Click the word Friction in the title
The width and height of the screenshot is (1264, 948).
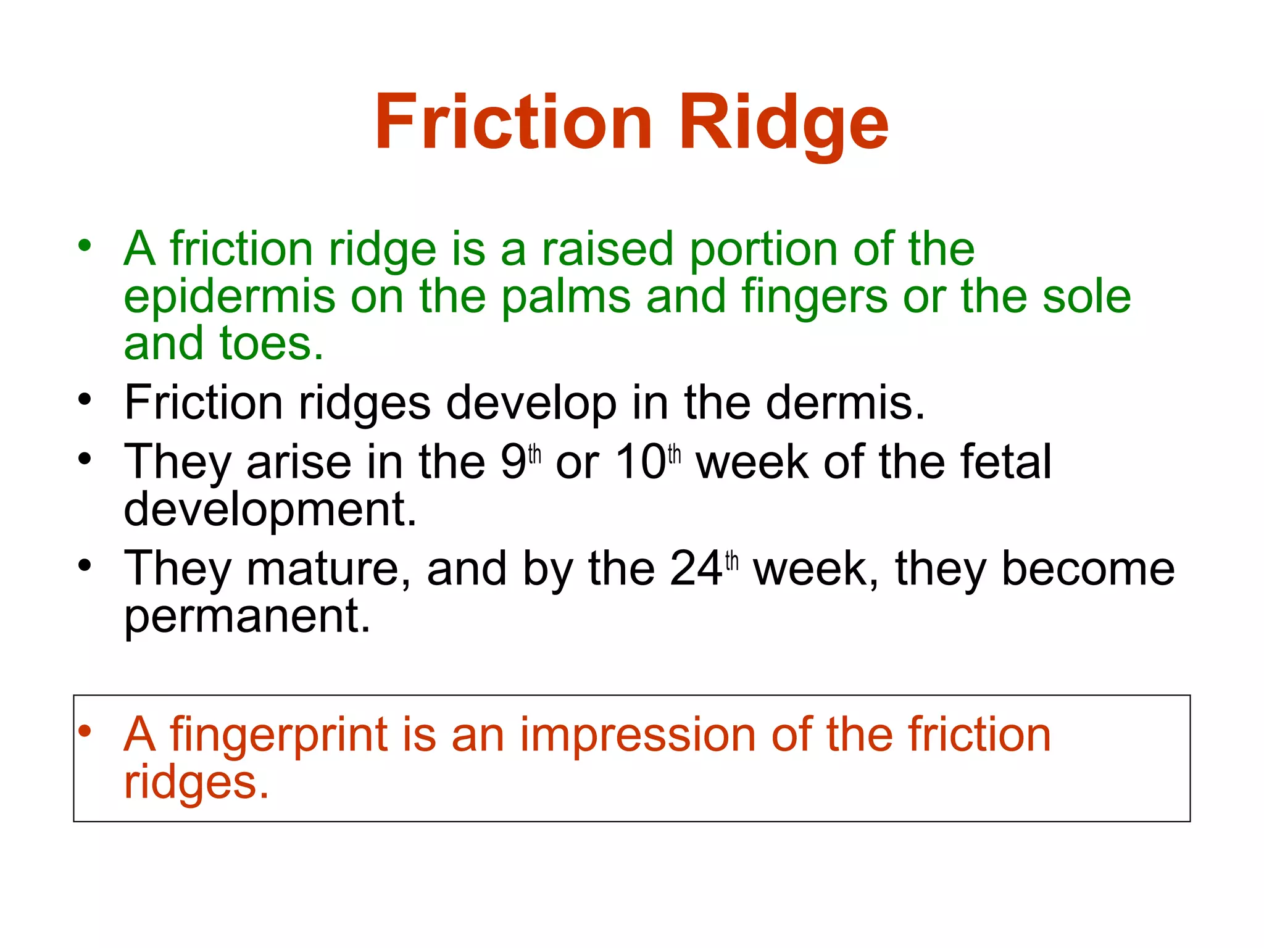[x=513, y=122]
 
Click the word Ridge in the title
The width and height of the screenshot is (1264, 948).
[x=784, y=122]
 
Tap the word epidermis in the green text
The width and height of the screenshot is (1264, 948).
[x=229, y=297]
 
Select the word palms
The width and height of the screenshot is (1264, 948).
[x=565, y=296]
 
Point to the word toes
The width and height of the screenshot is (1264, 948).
[x=272, y=344]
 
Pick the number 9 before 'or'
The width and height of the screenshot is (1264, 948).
[x=513, y=462]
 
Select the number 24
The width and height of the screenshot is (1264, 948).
[x=696, y=568]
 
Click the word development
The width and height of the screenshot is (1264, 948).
[x=270, y=510]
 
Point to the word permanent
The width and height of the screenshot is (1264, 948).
[x=247, y=617]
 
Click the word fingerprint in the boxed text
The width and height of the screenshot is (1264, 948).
[x=279, y=735]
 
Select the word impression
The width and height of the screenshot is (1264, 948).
[x=638, y=735]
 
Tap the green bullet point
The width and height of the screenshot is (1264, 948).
[x=85, y=246]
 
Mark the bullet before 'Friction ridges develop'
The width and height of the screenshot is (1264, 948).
[x=85, y=399]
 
